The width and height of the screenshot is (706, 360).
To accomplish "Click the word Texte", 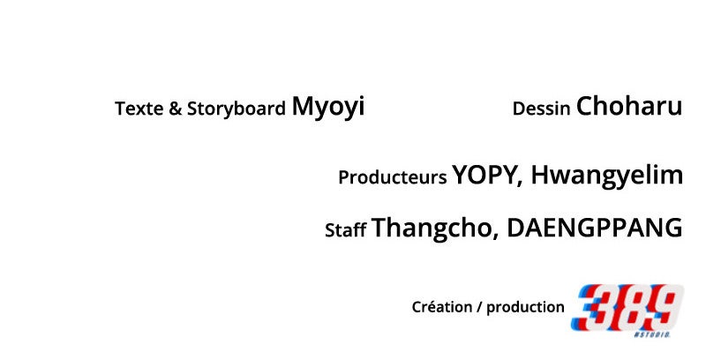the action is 139,109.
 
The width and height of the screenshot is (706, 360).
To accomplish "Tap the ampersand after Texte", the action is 175,109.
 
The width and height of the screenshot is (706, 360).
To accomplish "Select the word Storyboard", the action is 237,109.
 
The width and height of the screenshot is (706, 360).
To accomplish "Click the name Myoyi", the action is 328,108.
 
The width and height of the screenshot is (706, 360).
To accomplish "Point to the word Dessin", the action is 542,109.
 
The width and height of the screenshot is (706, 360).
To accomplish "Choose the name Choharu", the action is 629,106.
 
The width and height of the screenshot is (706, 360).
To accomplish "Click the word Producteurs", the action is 393,177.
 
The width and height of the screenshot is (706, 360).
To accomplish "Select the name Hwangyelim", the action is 607,176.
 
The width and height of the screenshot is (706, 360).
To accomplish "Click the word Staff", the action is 346,230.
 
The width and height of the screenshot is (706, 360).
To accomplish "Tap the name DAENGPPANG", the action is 595,228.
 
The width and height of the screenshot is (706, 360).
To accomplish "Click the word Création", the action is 441,307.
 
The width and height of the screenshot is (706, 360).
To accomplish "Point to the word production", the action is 525,308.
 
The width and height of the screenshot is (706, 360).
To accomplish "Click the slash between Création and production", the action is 478,307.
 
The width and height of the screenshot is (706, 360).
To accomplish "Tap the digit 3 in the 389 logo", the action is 592,308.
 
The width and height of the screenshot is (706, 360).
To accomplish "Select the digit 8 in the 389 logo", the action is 629,308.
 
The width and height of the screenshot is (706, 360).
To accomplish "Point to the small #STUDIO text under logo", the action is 652,334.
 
